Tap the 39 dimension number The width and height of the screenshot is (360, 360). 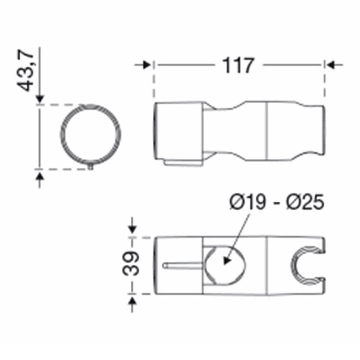[130, 264]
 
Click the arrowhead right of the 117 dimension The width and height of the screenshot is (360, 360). [330, 65]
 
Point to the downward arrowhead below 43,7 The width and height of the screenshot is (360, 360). [40, 99]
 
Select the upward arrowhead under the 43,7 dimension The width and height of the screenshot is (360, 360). [40, 177]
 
